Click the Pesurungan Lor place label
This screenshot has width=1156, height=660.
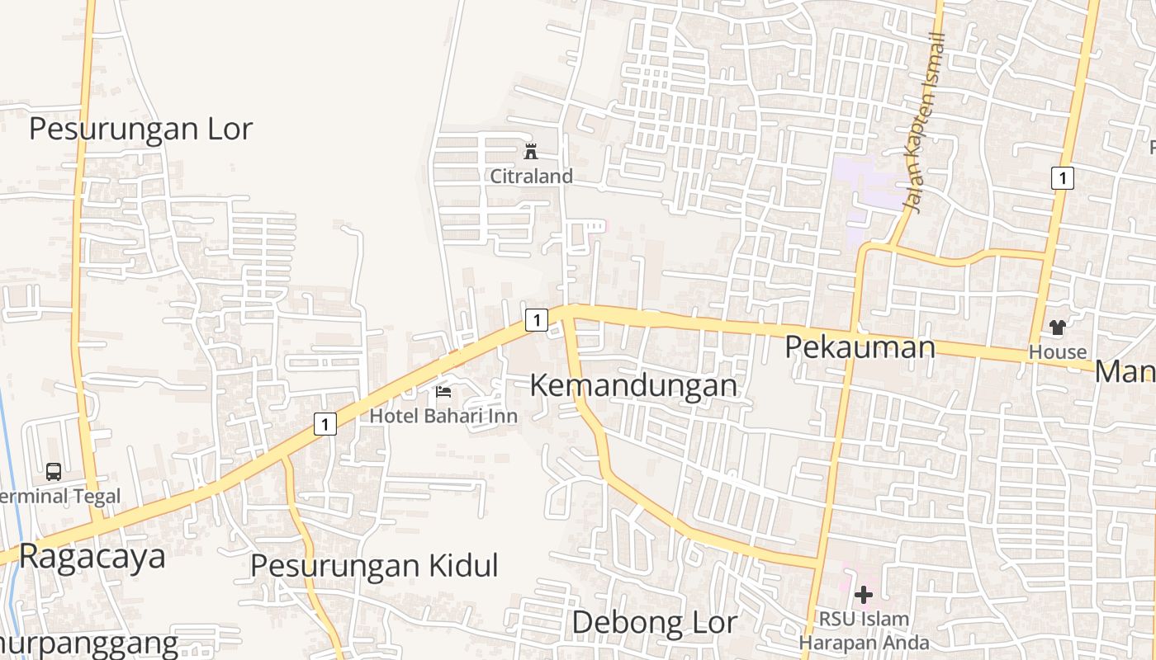[140, 130]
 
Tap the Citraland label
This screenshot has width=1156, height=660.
[531, 176]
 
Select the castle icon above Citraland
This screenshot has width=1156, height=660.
[531, 152]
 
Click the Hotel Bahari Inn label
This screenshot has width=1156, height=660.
[443, 416]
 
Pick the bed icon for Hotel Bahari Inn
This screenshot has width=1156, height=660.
[443, 392]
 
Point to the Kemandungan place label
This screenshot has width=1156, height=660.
[632, 385]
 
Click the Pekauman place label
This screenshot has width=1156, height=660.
[860, 346]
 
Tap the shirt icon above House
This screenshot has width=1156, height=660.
[1057, 328]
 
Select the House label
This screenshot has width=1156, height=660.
[1057, 352]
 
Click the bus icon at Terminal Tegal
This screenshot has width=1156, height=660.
[54, 472]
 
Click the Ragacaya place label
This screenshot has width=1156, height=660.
[92, 557]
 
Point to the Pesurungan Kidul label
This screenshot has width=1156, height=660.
[374, 566]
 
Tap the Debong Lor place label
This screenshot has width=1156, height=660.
[654, 622]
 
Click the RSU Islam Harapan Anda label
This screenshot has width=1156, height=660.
[864, 630]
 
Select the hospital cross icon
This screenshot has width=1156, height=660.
[864, 594]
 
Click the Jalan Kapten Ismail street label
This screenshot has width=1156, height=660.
[925, 122]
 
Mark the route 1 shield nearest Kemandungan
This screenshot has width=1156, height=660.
[537, 319]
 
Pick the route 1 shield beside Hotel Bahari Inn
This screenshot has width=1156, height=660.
[325, 424]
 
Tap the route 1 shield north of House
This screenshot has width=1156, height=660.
[1063, 177]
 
